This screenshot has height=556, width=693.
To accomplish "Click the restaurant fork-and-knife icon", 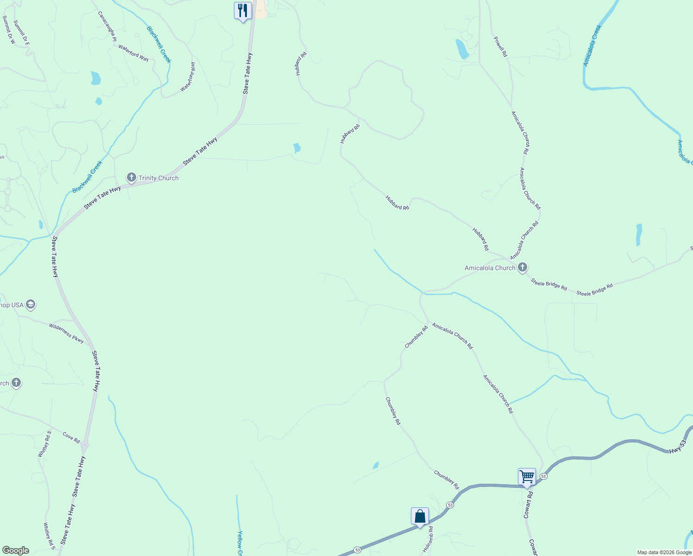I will point(243,10).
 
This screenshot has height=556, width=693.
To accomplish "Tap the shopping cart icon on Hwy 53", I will point(527,476).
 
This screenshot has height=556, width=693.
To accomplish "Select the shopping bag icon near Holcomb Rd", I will point(420,516).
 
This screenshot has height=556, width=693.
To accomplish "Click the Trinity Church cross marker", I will point(132,177).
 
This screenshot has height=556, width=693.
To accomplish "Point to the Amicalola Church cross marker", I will point(523,267).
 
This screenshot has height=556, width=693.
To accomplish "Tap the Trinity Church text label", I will point(158,178).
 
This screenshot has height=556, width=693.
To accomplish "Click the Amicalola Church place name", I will point(490,268).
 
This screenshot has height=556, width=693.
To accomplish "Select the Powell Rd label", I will point(500,47).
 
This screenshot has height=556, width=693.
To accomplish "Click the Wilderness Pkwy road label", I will point(67,333).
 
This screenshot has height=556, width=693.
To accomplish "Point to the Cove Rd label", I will point(71,437).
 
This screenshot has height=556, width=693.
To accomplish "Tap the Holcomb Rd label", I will point(427,539).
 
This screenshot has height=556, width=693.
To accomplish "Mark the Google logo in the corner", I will point(15,550).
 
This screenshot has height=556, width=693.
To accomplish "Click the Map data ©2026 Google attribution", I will point(664,552).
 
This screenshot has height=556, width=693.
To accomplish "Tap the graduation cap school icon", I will point(31,304).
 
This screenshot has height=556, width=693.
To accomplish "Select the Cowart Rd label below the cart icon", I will point(529,505).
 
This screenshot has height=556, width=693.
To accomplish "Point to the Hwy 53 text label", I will point(677,447).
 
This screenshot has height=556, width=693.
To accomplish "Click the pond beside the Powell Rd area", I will point(462,49).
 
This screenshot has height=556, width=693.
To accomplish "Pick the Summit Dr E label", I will point(21,32).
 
